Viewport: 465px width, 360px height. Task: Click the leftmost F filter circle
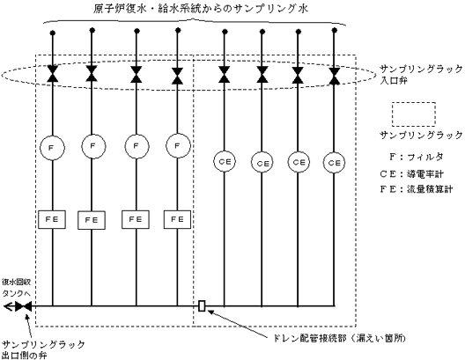[x=52, y=147]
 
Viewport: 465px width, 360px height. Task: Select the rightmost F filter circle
[x=178, y=146]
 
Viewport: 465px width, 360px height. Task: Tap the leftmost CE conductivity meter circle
[x=225, y=162]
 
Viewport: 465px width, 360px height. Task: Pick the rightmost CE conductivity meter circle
[x=335, y=163]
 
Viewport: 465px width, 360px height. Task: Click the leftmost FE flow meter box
[x=52, y=219]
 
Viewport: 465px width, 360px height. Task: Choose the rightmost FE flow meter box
[x=177, y=219]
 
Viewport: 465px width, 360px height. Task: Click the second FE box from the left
[x=92, y=220]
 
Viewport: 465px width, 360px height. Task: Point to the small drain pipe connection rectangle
[x=202, y=306]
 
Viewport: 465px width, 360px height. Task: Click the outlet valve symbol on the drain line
[x=23, y=306]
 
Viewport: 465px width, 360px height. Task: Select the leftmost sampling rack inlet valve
[x=53, y=73]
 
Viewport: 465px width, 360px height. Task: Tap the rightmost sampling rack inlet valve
[x=335, y=76]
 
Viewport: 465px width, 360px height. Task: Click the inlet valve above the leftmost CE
[x=225, y=74]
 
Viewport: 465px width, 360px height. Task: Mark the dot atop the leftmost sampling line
[x=53, y=33]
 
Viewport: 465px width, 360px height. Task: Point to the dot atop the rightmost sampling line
[x=335, y=30]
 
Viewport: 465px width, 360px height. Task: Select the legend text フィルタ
[x=425, y=157]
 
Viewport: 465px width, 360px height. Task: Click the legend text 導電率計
[x=425, y=173]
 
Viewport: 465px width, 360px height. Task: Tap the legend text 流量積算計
[x=430, y=188]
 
